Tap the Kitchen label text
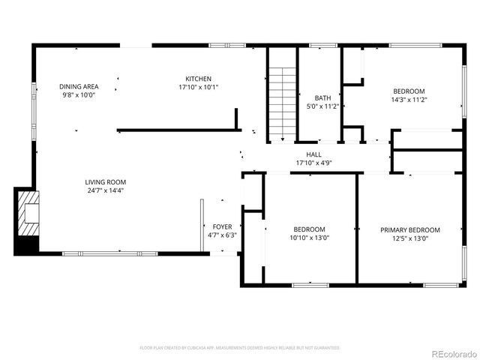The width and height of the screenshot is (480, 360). (x=199, y=79)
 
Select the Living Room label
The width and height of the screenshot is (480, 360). (x=105, y=182)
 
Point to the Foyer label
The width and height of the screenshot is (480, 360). (x=222, y=226)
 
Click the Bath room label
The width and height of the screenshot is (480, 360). (x=322, y=98)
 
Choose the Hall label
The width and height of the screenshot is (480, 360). (x=313, y=154)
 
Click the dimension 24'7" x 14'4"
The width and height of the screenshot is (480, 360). (x=105, y=190)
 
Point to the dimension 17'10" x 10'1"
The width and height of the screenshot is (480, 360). (x=199, y=87)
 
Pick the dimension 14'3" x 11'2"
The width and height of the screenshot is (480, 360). (x=409, y=99)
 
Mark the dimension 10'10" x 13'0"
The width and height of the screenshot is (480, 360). (x=309, y=238)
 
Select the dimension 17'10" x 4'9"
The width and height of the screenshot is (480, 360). (x=313, y=163)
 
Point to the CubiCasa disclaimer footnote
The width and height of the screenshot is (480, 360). (x=240, y=347)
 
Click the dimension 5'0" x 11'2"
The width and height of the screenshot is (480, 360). (x=322, y=106)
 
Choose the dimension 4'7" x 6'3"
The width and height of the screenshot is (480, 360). (x=222, y=235)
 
